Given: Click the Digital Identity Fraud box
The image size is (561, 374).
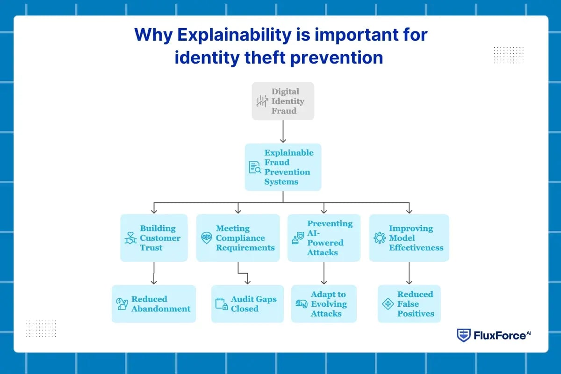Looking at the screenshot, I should (283, 101).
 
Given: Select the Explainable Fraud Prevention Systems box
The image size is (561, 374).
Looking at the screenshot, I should (283, 167).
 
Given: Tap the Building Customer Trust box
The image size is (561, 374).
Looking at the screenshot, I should (154, 237).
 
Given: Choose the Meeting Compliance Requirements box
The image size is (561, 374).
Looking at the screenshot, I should (238, 237).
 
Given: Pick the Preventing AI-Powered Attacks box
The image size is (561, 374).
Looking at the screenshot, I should (324, 237).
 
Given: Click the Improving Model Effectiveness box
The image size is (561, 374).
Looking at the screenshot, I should (409, 237).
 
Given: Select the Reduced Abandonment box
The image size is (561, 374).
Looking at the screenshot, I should (154, 304).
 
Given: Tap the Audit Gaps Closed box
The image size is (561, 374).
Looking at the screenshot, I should (247, 304).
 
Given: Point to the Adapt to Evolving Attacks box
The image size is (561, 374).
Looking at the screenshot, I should (324, 304).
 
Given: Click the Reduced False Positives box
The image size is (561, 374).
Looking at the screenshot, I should (409, 304).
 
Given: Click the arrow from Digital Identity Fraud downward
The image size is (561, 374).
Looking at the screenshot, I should (283, 131).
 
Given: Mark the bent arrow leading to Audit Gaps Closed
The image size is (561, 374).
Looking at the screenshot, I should (243, 273).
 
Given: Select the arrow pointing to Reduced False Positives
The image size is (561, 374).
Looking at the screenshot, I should (409, 273).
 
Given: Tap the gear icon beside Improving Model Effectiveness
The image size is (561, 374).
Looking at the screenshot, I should (379, 238).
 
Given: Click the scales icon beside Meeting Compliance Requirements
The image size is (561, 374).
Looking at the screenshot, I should (206, 238).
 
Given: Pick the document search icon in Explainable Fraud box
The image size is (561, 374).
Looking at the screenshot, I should (255, 167).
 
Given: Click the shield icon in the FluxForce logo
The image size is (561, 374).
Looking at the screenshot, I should (463, 336).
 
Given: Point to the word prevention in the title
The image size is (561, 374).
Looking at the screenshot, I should (338, 57).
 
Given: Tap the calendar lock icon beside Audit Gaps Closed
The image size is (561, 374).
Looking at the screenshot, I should (221, 304).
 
